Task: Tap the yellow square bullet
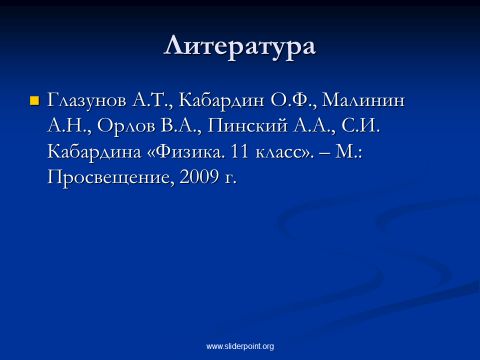click(x=34, y=100)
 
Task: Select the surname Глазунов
click(x=86, y=100)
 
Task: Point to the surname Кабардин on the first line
click(x=221, y=100)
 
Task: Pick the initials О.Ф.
click(x=293, y=100)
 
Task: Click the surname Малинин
click(x=363, y=100)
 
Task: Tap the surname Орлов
click(x=126, y=126)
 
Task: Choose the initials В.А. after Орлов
click(x=180, y=126)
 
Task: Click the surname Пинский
click(x=247, y=125)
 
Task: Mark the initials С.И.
click(x=360, y=125)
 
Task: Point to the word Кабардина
click(x=94, y=151)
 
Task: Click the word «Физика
click(x=186, y=151)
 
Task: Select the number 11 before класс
click(x=239, y=151)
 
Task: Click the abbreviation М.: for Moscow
click(x=348, y=151)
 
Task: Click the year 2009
click(x=199, y=176)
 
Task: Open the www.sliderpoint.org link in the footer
click(x=240, y=346)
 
